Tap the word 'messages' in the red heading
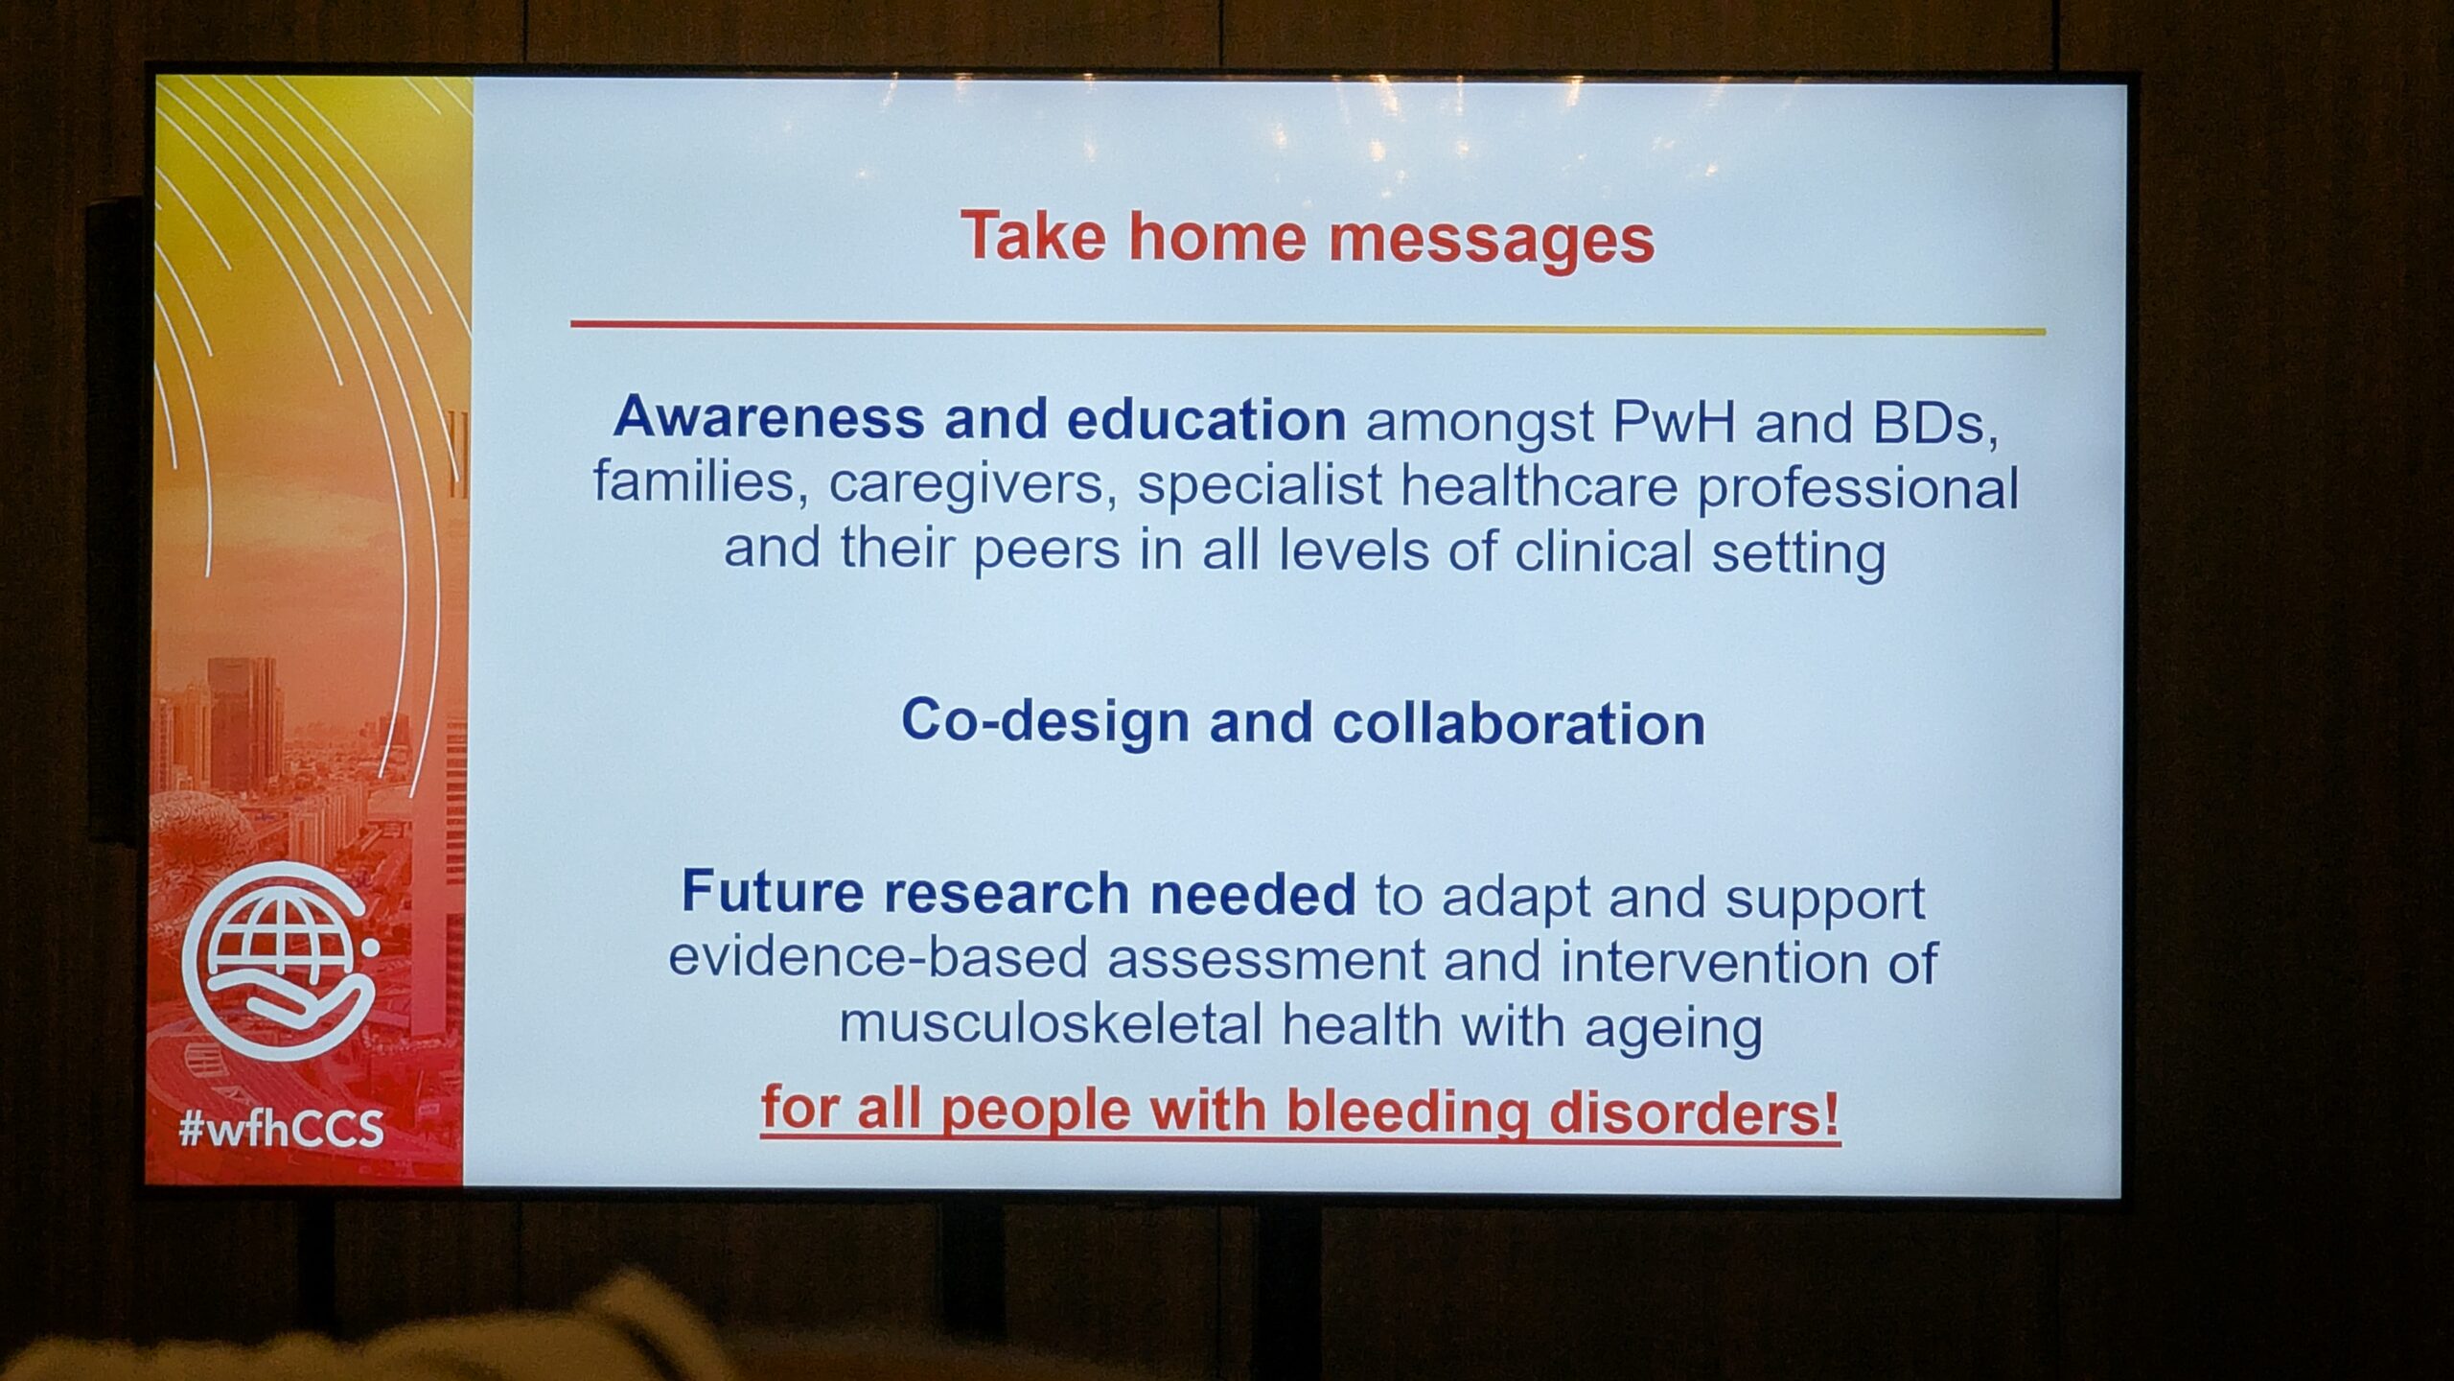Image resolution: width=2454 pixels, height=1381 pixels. [1492, 240]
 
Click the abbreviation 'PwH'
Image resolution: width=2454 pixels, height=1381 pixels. [1674, 422]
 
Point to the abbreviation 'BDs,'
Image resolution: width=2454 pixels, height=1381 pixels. [1935, 425]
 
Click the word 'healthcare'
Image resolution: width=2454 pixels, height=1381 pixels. [1539, 486]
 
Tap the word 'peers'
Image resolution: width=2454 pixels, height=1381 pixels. [1046, 551]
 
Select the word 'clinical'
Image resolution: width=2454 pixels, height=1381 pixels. [1603, 552]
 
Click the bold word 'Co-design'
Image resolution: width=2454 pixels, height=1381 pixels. [1046, 721]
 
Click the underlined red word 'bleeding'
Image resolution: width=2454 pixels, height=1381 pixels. [1406, 1112]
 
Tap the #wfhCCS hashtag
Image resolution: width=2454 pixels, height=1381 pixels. [281, 1129]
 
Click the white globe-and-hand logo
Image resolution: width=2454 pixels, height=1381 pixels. [279, 971]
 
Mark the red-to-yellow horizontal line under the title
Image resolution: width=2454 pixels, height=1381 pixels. [1308, 328]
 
